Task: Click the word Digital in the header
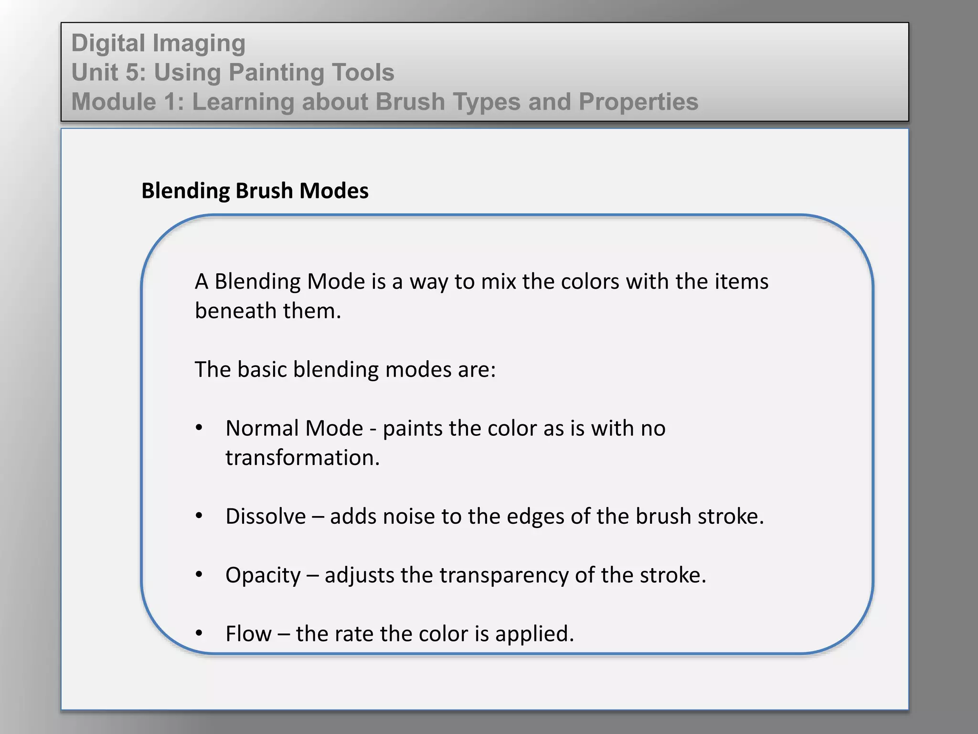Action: pos(108,43)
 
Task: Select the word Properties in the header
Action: pos(638,102)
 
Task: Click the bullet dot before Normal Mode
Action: pos(199,428)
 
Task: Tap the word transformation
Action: pos(302,458)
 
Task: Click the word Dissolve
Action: pos(266,517)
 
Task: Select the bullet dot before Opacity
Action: pos(199,574)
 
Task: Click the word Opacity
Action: pos(263,575)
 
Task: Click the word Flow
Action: pos(248,634)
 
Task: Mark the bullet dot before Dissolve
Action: pos(199,516)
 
